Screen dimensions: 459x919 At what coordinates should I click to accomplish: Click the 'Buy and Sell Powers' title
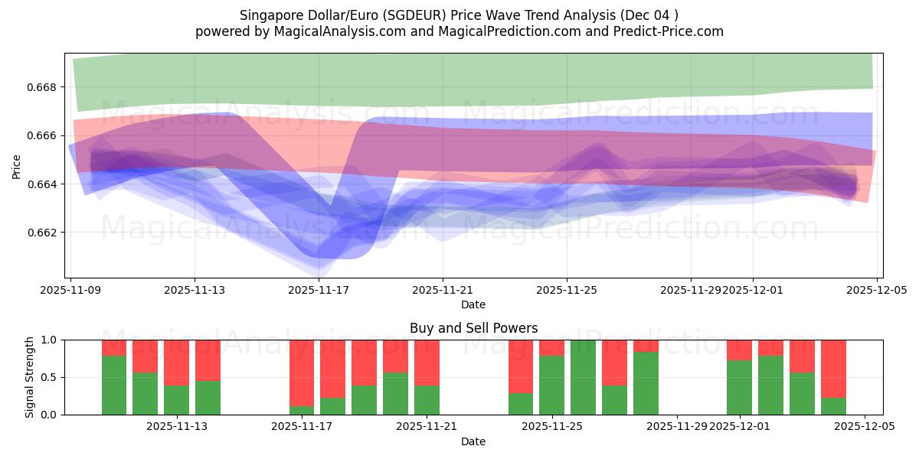point(473,328)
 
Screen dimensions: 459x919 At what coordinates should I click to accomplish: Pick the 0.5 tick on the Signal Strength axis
point(50,377)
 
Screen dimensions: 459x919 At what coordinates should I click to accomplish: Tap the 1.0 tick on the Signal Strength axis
point(50,340)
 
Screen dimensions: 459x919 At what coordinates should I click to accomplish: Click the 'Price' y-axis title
point(16,166)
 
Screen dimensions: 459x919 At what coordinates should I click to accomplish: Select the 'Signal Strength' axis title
point(30,377)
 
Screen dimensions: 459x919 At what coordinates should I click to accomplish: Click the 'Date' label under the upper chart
point(473,304)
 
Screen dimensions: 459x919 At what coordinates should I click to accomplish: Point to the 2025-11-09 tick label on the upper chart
point(70,290)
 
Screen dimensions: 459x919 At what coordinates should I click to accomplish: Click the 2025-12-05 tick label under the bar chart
point(865,426)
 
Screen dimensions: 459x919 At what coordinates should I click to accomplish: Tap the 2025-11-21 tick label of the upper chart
point(443,290)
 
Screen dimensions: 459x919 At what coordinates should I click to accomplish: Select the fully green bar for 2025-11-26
point(583,377)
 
